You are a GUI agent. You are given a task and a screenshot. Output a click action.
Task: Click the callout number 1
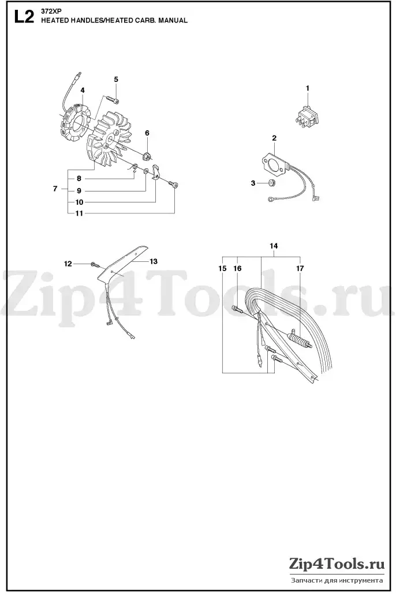[308, 88]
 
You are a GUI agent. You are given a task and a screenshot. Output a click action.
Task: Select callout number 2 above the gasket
[274, 138]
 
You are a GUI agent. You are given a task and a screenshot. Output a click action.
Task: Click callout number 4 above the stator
[83, 90]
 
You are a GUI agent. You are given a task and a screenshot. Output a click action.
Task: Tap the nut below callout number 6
[147, 155]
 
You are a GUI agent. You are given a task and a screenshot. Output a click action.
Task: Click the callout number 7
[55, 189]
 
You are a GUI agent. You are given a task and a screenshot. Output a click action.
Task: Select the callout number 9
[79, 191]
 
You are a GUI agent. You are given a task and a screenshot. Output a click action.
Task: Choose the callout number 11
[79, 213]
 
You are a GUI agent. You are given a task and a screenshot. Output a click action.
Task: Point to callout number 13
[154, 261]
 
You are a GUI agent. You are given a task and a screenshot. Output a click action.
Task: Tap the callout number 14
[274, 246]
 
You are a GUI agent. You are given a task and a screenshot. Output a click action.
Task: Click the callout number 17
[300, 268]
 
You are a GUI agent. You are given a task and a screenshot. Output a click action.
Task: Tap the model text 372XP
[48, 11]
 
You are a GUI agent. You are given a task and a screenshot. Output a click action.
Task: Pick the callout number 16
[237, 268]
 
